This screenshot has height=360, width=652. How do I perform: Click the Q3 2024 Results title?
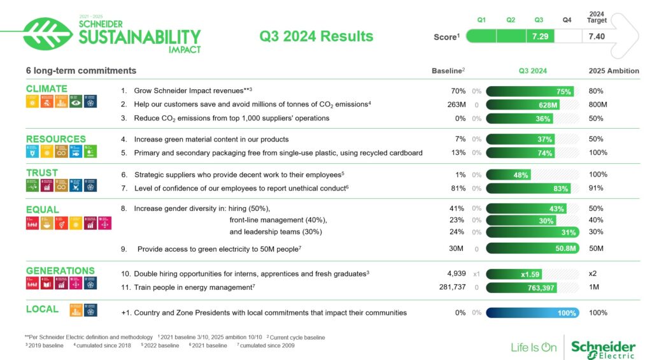coord(316,36)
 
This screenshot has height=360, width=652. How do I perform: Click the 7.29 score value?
coord(540,36)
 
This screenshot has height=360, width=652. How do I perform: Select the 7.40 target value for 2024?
coord(597,36)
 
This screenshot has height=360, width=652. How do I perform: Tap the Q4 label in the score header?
coord(567,20)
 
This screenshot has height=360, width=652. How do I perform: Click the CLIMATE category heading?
coord(46,89)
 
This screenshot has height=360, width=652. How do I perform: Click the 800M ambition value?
coord(598,104)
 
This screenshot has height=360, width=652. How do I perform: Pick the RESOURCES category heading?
coord(55,139)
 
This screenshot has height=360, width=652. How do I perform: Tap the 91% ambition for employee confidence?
coord(596,188)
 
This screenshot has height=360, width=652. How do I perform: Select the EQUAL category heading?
coord(42,210)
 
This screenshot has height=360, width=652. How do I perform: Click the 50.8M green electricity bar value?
coord(565,248)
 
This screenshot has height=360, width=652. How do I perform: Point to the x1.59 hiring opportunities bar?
coord(530,274)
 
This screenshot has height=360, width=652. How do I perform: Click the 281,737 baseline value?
coord(453,287)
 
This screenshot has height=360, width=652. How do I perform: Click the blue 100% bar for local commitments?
coord(532,313)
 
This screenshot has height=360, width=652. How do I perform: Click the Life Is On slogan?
coord(534,347)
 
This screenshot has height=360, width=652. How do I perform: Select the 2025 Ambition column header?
coord(614,71)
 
